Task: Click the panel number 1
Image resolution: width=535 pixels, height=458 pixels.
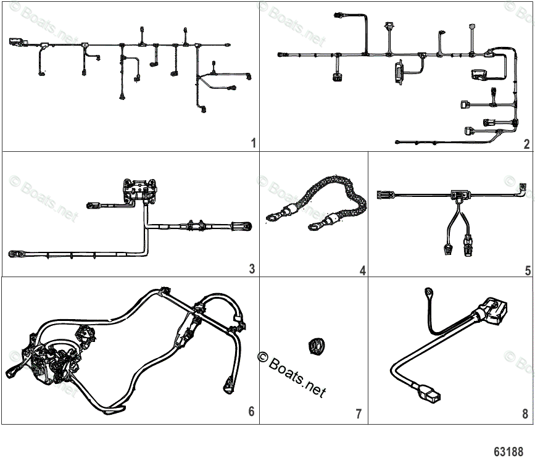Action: coord(254,143)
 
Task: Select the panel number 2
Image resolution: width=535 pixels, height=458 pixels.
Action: coord(526,144)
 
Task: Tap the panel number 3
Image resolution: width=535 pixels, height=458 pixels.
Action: coord(252,269)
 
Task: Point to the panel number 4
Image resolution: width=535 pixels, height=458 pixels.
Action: coord(362,270)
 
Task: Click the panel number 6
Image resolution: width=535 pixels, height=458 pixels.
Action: coord(251,412)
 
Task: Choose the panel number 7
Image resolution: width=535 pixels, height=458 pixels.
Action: coord(359,414)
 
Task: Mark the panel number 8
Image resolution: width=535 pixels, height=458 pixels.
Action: coord(525,414)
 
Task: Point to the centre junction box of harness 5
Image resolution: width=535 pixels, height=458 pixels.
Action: coord(457,196)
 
